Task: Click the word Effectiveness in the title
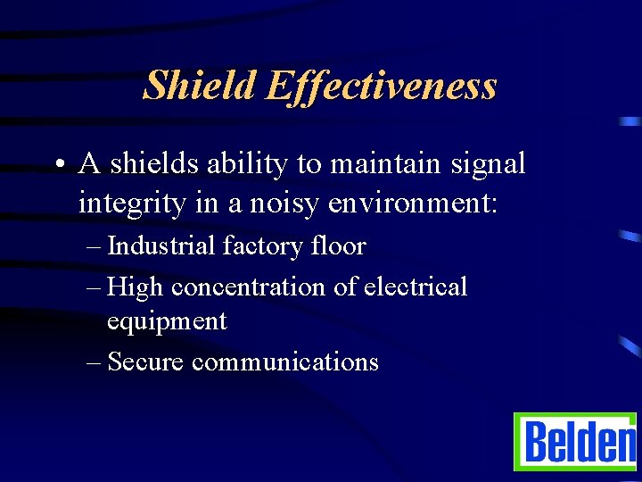point(381,86)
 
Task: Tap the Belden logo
point(576,442)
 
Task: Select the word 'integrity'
point(131,204)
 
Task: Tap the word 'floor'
point(340,245)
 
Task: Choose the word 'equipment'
point(167,321)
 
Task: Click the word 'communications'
point(285,361)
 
